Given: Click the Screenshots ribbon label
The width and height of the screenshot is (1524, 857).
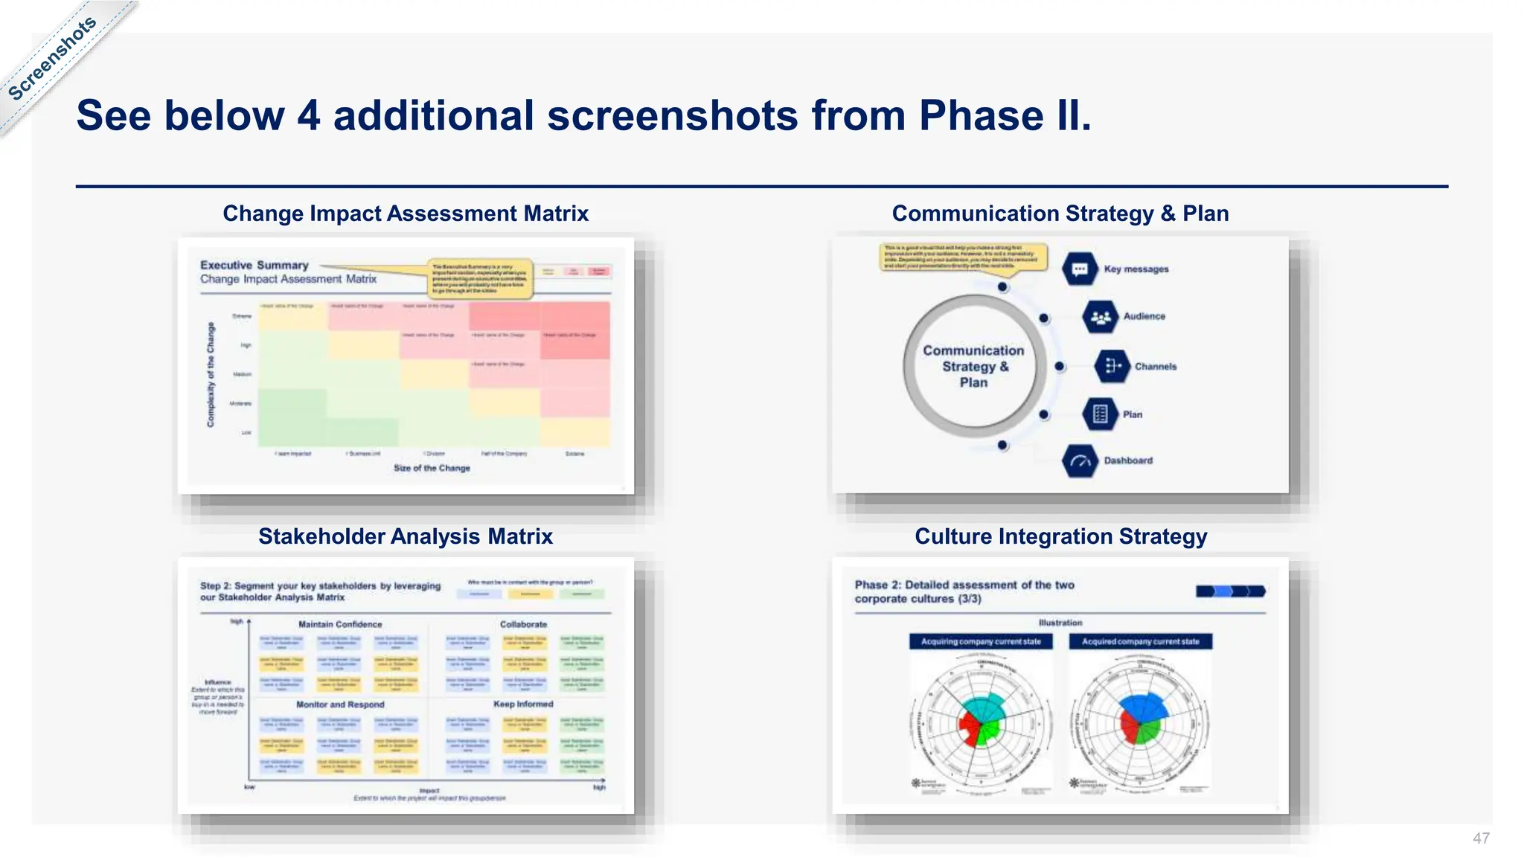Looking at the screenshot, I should [x=52, y=58].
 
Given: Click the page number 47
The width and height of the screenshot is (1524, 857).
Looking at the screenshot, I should [x=1480, y=838].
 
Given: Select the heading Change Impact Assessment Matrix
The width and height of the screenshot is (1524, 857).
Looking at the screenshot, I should [x=406, y=214].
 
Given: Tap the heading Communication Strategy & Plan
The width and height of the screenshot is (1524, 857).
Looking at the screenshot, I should [x=1060, y=214].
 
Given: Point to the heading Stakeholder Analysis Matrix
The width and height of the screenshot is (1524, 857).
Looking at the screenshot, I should [x=406, y=536].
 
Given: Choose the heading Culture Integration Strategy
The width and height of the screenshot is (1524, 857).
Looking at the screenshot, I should [x=1060, y=536].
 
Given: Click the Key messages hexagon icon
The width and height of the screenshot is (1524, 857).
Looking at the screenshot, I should [x=1080, y=269].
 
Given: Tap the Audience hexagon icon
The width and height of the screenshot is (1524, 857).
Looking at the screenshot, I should [x=1100, y=317].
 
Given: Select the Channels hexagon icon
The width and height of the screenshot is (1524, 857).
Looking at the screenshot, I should [x=1112, y=366].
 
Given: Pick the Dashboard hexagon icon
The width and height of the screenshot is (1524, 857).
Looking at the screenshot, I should [x=1080, y=461].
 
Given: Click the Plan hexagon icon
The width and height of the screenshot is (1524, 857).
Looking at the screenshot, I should [x=1100, y=414].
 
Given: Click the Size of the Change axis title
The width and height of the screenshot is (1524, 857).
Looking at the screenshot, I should [x=432, y=468].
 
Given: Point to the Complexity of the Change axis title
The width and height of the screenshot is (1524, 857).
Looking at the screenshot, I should [x=211, y=374].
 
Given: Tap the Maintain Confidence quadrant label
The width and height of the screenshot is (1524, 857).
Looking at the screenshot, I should [x=340, y=624].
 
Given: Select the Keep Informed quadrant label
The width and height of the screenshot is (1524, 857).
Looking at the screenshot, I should [x=523, y=704].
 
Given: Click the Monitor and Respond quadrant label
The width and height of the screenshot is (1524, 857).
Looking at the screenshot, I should [x=340, y=704].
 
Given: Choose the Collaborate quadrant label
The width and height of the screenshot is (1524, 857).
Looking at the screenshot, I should [x=523, y=624].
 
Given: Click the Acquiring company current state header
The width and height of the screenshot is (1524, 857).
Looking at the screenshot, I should [x=981, y=641].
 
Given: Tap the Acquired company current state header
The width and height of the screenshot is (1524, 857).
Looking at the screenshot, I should [x=1140, y=641].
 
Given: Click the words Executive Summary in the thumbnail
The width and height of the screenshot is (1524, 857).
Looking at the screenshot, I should [x=254, y=265].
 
